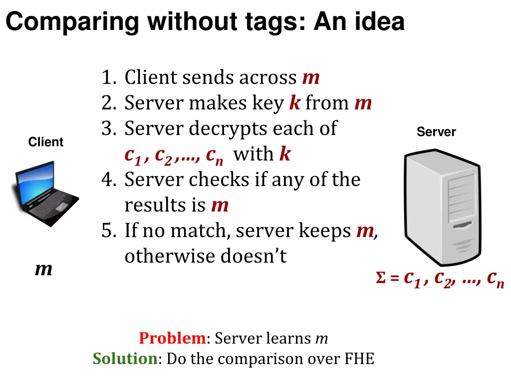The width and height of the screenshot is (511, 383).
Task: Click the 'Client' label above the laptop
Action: pyautogui.click(x=46, y=142)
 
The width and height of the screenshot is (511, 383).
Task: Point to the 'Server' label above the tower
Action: pyautogui.click(x=436, y=132)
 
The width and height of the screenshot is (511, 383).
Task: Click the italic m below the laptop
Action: pyautogui.click(x=43, y=270)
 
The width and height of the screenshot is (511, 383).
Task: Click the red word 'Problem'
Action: pyautogui.click(x=172, y=339)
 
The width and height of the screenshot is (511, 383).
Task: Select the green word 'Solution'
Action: pyautogui.click(x=125, y=359)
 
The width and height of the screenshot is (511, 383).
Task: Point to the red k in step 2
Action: pyautogui.click(x=295, y=103)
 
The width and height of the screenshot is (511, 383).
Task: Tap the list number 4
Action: pyautogui.click(x=108, y=180)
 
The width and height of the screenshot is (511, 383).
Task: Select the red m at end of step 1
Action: pyautogui.click(x=310, y=78)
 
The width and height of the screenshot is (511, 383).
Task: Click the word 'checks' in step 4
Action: pyautogui.click(x=221, y=180)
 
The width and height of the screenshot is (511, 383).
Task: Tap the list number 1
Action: pyautogui.click(x=107, y=78)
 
